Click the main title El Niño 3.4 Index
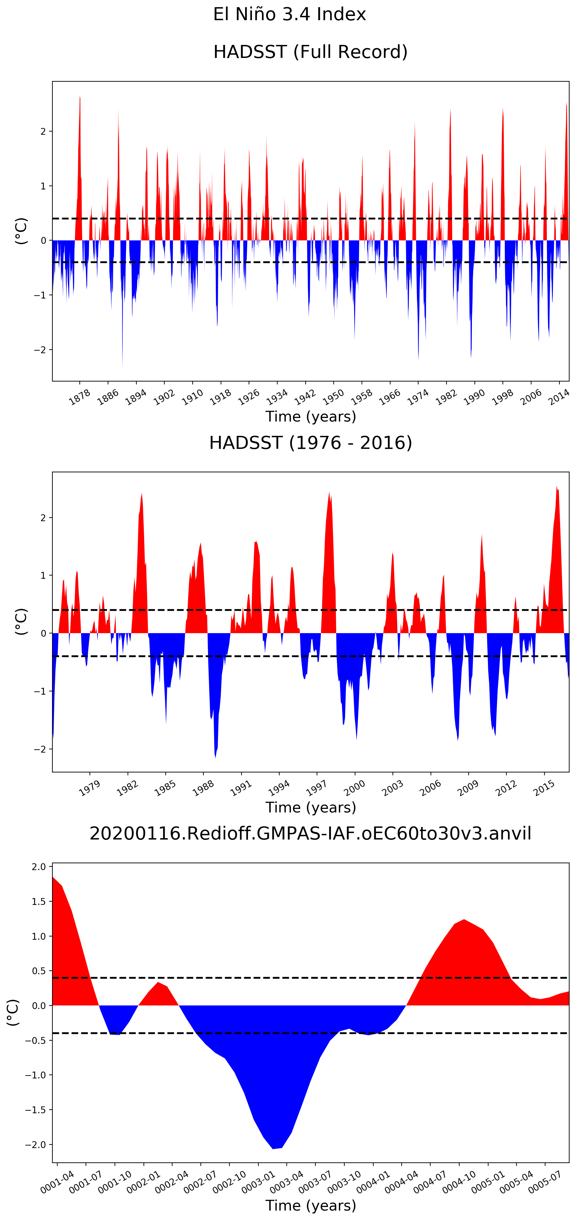[289, 14]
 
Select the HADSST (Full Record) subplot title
[310, 52]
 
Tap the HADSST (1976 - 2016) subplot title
[310, 442]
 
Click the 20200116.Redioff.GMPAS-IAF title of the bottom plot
[310, 833]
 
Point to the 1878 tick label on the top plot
[79, 397]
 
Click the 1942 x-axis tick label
[305, 397]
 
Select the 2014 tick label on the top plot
[559, 397]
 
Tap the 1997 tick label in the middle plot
[316, 788]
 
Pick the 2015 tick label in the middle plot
[544, 788]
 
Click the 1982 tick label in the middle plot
[127, 788]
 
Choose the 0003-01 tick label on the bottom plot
[258, 1182]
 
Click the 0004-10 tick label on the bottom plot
[459, 1182]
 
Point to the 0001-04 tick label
[57, 1182]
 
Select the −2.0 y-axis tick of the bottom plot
[37, 1145]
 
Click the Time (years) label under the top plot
[310, 417]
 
